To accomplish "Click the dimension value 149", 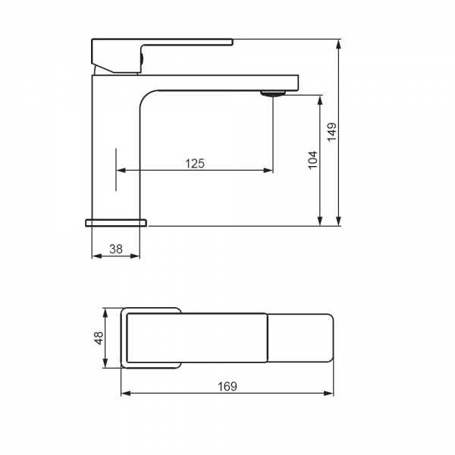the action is point(332,132).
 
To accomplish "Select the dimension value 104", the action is point(312,160).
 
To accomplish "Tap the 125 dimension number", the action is point(195,164).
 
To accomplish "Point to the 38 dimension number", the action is point(116,249).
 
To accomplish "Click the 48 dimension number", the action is point(99,337).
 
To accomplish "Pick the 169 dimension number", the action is point(227,386).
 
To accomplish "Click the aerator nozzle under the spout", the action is point(273,93).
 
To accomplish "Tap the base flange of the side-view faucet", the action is point(116,222).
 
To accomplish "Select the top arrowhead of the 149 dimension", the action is point(338,44).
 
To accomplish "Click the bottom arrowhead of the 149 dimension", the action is point(338,221).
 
